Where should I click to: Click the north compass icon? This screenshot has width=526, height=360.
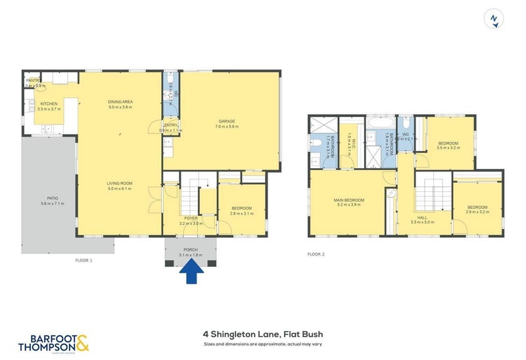(493, 19)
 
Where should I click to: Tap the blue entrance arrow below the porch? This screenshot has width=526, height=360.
(191, 272)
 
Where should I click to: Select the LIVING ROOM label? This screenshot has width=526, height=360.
(120, 185)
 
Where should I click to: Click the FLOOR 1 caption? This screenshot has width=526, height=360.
(84, 261)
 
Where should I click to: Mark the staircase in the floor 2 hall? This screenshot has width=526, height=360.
(434, 193)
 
